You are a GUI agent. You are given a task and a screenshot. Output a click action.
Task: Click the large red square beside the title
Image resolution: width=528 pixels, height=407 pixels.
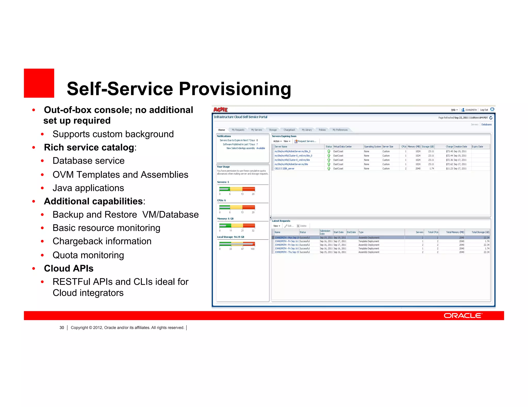coord(39,83)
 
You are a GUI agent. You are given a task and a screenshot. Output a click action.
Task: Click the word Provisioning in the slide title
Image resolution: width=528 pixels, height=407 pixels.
coord(235,89)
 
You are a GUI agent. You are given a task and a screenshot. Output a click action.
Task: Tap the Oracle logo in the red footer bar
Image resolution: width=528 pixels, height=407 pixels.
coord(463,315)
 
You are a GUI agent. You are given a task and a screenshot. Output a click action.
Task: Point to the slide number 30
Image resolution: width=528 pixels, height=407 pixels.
coord(62,328)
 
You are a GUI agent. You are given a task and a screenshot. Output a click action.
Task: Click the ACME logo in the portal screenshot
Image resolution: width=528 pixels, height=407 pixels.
coord(220,110)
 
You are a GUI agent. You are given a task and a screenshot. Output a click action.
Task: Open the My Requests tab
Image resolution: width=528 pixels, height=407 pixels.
coord(238,130)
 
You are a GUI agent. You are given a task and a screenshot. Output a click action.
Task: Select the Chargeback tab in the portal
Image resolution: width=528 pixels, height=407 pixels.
coord(289,130)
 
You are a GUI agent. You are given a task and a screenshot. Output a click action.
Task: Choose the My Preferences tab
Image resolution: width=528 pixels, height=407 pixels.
coord(340,130)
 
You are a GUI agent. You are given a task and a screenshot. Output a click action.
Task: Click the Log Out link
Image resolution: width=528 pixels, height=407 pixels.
coord(484,110)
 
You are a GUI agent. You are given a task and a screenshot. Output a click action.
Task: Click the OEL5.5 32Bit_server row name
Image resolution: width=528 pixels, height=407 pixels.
coord(284,169)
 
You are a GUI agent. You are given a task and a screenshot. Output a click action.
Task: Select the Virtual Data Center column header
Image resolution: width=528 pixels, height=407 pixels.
coord(342,147)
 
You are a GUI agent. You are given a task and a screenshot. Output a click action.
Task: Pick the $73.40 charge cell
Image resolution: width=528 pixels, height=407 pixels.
coord(449,152)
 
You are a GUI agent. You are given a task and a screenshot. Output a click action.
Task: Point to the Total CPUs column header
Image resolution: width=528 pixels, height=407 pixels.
coord(433,232)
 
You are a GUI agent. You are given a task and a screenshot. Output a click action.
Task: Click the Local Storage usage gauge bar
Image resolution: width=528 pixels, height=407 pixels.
coord(237,244)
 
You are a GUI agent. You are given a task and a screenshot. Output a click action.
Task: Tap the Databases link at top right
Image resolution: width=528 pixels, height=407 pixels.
coord(486,125)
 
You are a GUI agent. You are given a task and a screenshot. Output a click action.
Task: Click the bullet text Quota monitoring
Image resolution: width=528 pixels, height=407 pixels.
coord(88,255)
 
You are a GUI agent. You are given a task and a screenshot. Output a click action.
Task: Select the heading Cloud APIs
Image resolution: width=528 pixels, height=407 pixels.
coord(69,269)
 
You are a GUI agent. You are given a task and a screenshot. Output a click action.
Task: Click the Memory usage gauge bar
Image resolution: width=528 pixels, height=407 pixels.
coord(237,226)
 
